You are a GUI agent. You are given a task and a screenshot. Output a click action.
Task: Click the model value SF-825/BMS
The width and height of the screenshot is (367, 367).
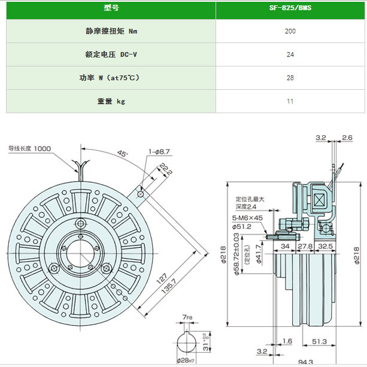point(290,9)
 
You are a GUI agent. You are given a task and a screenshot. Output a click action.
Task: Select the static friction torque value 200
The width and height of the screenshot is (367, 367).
point(290,31)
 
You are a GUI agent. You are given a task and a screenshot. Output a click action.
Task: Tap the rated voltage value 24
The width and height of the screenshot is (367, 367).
point(290,54)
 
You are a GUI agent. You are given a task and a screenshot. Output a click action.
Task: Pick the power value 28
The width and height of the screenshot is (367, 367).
point(290,78)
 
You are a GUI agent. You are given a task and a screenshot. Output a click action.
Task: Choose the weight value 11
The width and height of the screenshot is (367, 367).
point(290,101)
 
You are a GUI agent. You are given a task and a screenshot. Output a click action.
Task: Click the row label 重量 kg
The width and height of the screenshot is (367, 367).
point(111,101)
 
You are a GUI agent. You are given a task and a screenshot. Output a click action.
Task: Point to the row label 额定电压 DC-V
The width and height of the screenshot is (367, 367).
point(111,54)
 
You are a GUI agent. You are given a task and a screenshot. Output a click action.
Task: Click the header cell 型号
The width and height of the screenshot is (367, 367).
point(111,9)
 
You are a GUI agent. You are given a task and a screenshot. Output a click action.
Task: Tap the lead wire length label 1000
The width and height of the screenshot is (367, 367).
point(43,148)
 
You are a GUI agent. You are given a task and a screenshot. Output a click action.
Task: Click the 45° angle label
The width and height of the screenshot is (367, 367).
point(123,154)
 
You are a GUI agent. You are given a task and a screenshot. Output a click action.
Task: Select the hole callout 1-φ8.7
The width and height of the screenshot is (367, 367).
point(159,151)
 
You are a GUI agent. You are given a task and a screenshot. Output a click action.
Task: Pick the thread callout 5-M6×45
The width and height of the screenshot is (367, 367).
point(247,218)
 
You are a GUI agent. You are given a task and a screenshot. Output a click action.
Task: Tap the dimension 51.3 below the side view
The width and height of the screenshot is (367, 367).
point(319,341)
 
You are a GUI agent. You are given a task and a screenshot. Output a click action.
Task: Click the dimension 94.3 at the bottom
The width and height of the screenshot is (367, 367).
point(305,362)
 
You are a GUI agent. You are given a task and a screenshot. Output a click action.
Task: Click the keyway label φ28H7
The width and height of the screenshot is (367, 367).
point(187,360)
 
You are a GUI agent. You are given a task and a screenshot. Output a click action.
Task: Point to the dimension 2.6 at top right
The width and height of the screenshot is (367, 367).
point(347,138)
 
